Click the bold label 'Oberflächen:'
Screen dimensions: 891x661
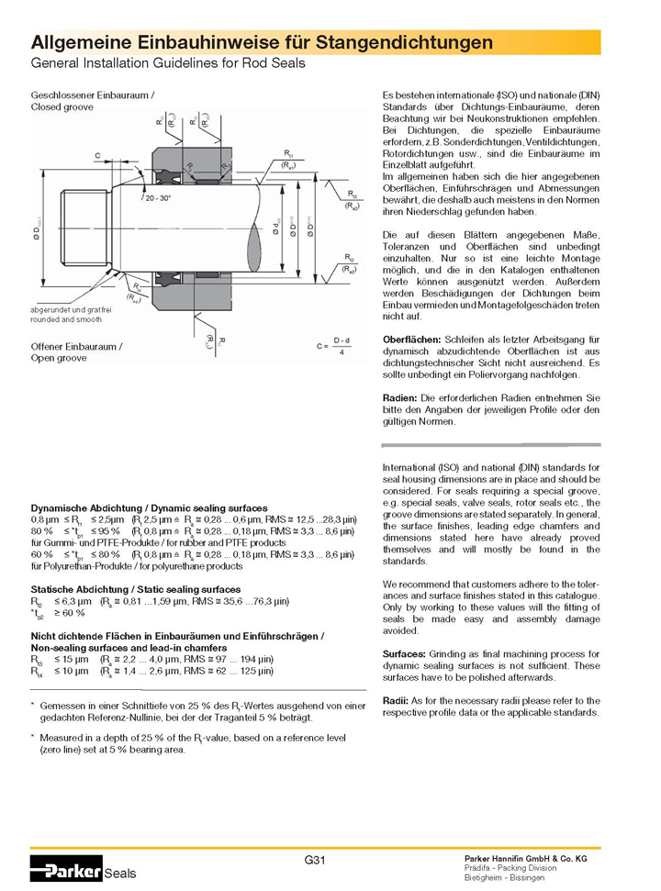pos(412,340)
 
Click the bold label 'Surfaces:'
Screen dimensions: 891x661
pos(405,653)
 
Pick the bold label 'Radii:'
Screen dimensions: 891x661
pos(397,700)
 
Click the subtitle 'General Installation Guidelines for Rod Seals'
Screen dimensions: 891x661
pos(168,64)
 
